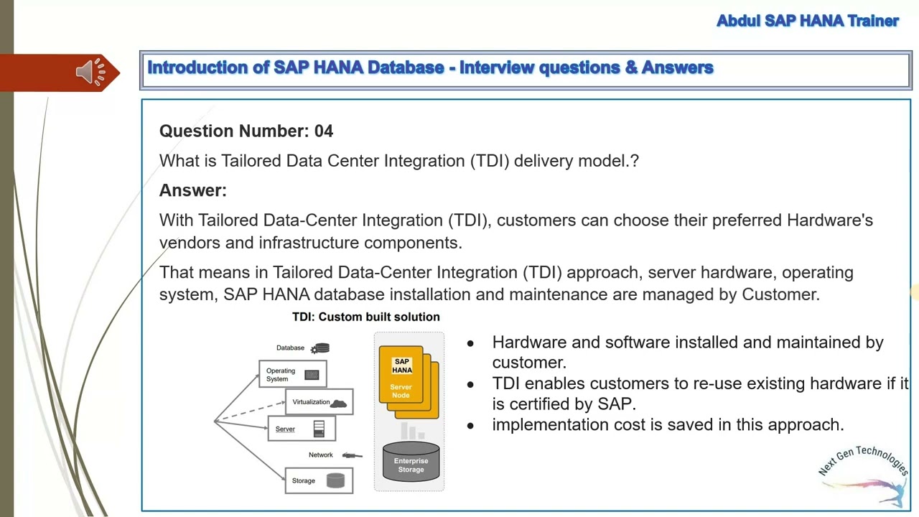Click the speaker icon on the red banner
click(x=90, y=72)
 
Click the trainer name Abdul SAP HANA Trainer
click(x=807, y=21)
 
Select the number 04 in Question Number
click(x=323, y=131)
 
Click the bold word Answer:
click(x=192, y=190)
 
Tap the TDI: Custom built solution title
click(x=365, y=317)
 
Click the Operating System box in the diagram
click(x=292, y=374)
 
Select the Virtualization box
click(x=319, y=402)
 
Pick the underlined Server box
click(x=301, y=429)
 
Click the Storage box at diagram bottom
click(x=319, y=480)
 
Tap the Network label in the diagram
click(x=321, y=455)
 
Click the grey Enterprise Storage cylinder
click(x=411, y=462)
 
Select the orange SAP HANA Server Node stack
click(x=406, y=381)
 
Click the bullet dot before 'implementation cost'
click(x=470, y=426)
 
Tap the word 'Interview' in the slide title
click(x=497, y=67)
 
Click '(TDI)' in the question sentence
click(x=490, y=161)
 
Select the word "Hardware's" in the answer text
click(x=829, y=220)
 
